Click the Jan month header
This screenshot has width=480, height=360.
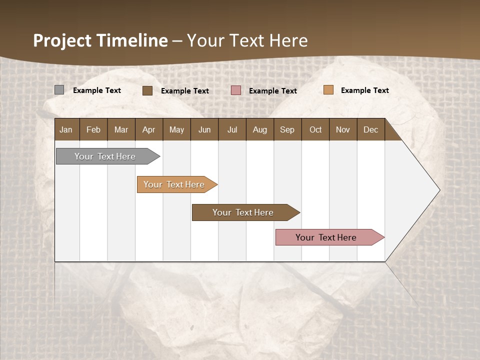pos(66,129)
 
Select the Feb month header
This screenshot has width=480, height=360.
pos(93,129)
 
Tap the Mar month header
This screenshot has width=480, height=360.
pos(121,129)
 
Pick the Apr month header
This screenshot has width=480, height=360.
pos(148,129)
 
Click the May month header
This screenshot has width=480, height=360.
pos(176,129)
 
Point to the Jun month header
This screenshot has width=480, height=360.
pos(204,129)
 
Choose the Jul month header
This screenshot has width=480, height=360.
pos(232,129)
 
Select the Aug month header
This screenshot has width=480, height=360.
pos(259,129)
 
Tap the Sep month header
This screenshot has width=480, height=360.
pos(287,129)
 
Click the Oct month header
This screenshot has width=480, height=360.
pos(315,129)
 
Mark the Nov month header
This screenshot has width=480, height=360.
pos(343,129)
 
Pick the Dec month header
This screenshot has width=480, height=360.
pos(370,129)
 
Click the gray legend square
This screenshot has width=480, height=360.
pos(59,90)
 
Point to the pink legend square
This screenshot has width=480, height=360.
pos(236,90)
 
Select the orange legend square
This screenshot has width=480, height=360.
pos(328,90)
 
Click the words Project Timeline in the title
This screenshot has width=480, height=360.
pos(100,40)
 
